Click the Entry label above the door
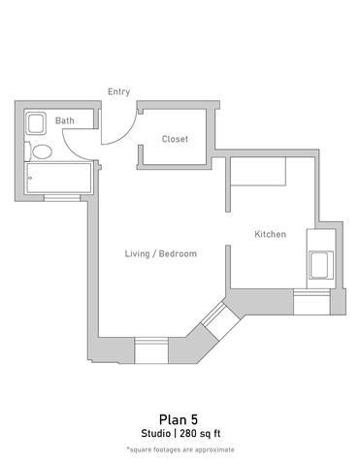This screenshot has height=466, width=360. point(118,92)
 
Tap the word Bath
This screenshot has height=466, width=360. point(64,120)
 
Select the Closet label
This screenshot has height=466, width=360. point(175,139)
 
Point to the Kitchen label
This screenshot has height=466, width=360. point(270,234)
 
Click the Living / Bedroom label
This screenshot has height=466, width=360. point(161,253)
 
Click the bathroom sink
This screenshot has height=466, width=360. point(36,123)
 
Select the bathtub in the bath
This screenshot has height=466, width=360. point(58,178)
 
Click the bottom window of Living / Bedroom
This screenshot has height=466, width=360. point(151,349)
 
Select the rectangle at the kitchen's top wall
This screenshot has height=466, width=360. point(257,172)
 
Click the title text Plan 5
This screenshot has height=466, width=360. point(179,419)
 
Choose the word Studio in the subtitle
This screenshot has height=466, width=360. point(155,433)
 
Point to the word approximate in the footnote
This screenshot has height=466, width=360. point(213,449)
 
